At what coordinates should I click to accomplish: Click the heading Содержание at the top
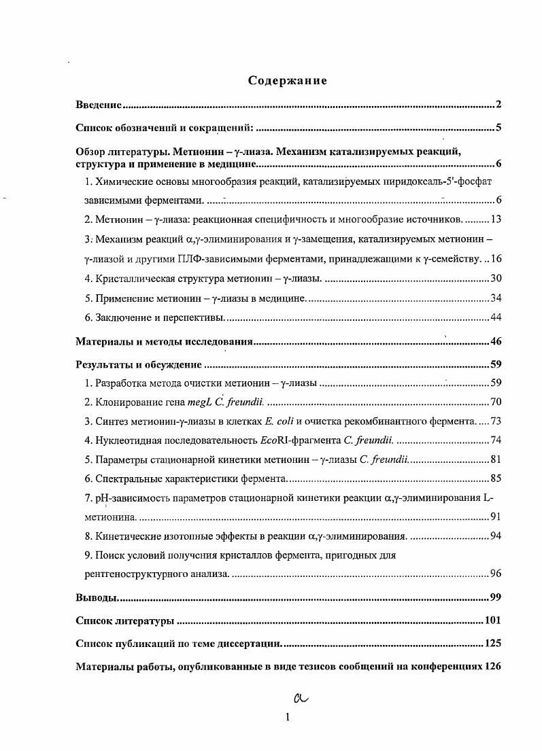click(288, 81)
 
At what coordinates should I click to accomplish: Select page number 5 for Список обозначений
click(498, 127)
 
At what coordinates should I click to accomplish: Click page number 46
click(495, 342)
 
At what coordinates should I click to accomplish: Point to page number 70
click(495, 402)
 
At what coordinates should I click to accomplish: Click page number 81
click(495, 459)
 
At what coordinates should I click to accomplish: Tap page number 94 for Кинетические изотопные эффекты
click(495, 536)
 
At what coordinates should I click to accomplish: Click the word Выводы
click(95, 597)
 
